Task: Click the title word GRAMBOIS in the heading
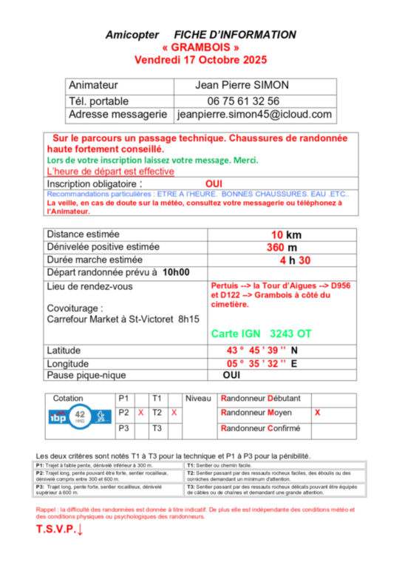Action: tap(200, 47)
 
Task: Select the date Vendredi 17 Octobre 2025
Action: tap(200, 59)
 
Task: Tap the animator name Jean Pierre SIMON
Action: tap(242, 86)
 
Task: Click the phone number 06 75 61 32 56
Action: tap(243, 101)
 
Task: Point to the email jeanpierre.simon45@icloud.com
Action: tap(254, 115)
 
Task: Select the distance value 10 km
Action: tap(285, 234)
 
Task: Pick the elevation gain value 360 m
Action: tap(283, 248)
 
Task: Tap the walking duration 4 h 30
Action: tap(294, 260)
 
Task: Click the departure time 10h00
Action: tap(176, 272)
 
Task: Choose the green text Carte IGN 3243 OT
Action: tap(261, 334)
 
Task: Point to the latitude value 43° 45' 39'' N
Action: tap(262, 351)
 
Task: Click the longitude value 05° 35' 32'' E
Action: tap(262, 364)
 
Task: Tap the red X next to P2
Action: tap(140, 413)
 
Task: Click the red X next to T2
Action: tap(174, 413)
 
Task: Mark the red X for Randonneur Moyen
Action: tap(317, 413)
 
